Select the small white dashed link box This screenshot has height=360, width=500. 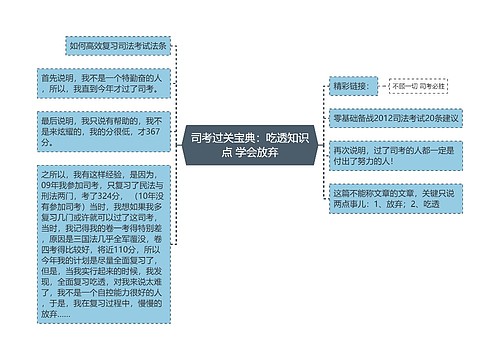pyautogui.click(x=419, y=87)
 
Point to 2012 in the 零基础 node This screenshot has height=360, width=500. pyautogui.click(x=385, y=117)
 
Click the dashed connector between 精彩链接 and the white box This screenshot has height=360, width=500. pyautogui.click(x=381, y=87)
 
